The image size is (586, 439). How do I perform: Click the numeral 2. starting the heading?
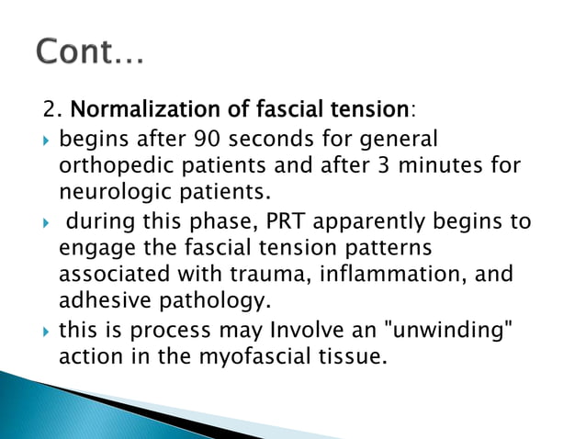[x=50, y=111]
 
